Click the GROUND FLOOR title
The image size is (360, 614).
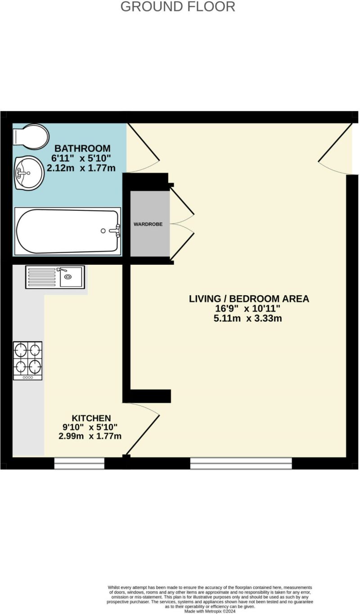point(178,7)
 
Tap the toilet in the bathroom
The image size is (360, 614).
point(31,135)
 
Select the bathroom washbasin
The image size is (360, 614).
point(29,173)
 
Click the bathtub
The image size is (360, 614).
point(67,230)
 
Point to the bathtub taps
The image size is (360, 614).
point(114,230)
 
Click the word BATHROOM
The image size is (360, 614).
point(82,149)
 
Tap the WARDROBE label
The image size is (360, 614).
point(148,224)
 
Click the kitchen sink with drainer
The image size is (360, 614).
point(55,277)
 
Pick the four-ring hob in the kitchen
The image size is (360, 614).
point(28,360)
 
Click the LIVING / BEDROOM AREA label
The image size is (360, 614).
point(249,298)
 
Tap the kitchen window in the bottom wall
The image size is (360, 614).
point(79,463)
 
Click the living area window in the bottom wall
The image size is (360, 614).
point(241,463)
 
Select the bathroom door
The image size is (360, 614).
point(143,149)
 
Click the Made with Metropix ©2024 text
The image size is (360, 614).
point(210,611)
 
